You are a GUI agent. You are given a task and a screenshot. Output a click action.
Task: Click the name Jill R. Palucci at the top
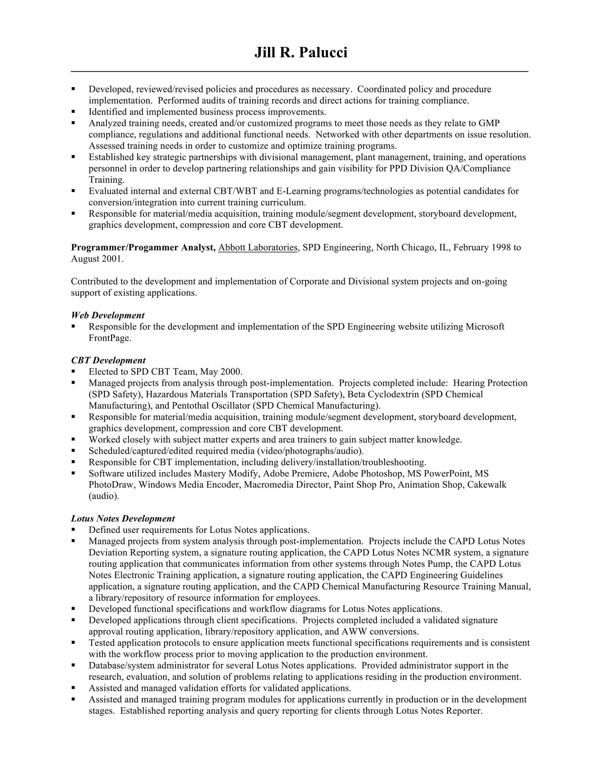tap(301, 53)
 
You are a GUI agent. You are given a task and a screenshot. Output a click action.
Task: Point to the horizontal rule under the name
tap(300, 72)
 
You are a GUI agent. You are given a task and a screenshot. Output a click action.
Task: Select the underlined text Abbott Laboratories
tap(258, 247)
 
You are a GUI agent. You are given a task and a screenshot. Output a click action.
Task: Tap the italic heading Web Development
tap(108, 315)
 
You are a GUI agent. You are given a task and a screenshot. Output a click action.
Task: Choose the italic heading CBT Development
tap(108, 361)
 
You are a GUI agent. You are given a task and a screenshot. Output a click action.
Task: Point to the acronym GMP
tap(489, 123)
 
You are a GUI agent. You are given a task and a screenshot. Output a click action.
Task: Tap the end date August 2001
tap(97, 259)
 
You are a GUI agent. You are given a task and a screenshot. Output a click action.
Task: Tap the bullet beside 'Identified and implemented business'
tap(73, 112)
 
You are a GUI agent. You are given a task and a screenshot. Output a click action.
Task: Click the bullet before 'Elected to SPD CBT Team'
tap(73, 372)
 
